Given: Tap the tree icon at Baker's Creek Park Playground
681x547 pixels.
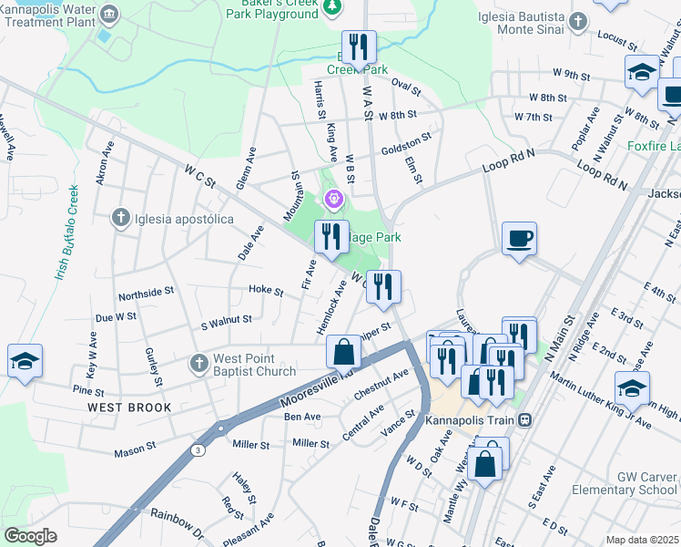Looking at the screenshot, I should coord(332,7).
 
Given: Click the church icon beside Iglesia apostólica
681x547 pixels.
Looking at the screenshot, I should coord(119,218).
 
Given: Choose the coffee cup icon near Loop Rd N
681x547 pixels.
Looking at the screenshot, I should coord(518,239).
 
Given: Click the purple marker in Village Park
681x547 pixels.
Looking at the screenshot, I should coord(334,197).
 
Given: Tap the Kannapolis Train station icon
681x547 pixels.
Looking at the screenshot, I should coord(525,421).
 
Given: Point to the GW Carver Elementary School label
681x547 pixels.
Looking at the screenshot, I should coord(625,483).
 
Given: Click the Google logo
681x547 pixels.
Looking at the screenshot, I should coord(30,536).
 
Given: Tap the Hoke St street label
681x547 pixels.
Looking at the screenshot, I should coord(266,290).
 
